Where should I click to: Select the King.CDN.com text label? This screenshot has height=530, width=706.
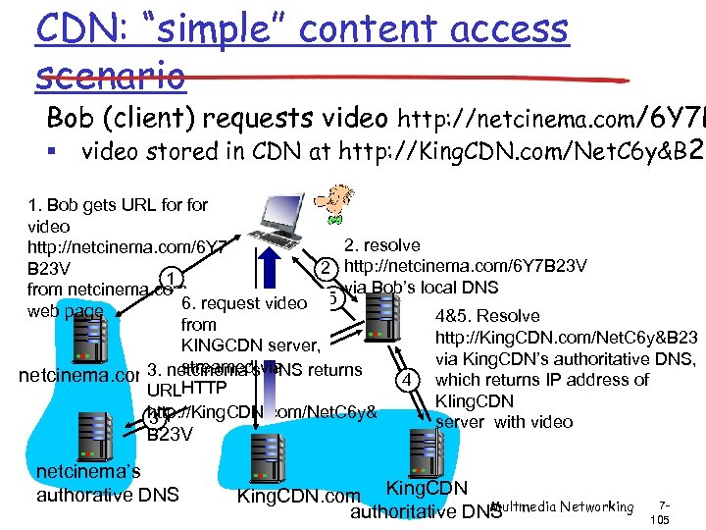(x=298, y=496)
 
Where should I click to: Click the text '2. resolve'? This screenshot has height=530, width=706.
(x=382, y=245)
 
